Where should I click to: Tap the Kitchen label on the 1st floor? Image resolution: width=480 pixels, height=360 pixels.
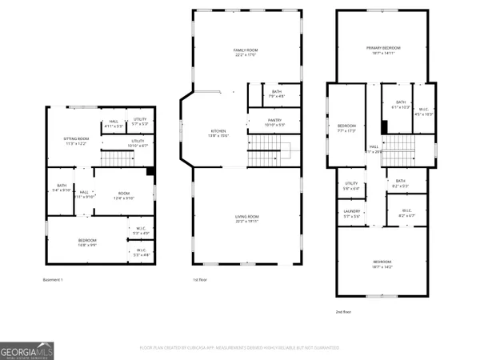coord(218,133)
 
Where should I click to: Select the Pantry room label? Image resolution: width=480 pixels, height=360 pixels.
coord(274,122)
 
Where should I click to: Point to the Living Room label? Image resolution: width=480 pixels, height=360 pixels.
coord(246,219)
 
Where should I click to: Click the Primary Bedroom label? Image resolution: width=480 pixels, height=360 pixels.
coord(383,50)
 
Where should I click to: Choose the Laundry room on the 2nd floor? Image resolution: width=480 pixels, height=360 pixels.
coord(352,214)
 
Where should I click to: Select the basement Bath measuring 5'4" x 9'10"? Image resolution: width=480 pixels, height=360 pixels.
coord(61,188)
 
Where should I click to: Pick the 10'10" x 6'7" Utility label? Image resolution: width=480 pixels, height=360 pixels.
coord(138,143)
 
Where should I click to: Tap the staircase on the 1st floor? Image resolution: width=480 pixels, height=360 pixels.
coord(268,147)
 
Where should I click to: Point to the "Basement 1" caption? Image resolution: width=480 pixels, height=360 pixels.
coord(53,279)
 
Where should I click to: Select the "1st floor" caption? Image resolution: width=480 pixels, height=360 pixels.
coord(200,279)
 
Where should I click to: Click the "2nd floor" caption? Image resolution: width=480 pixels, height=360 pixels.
coord(343,311)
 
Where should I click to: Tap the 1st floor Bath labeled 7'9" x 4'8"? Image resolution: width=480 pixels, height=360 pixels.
coord(276,94)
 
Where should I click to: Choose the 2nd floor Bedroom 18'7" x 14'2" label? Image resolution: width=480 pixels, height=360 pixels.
coord(382,264)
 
